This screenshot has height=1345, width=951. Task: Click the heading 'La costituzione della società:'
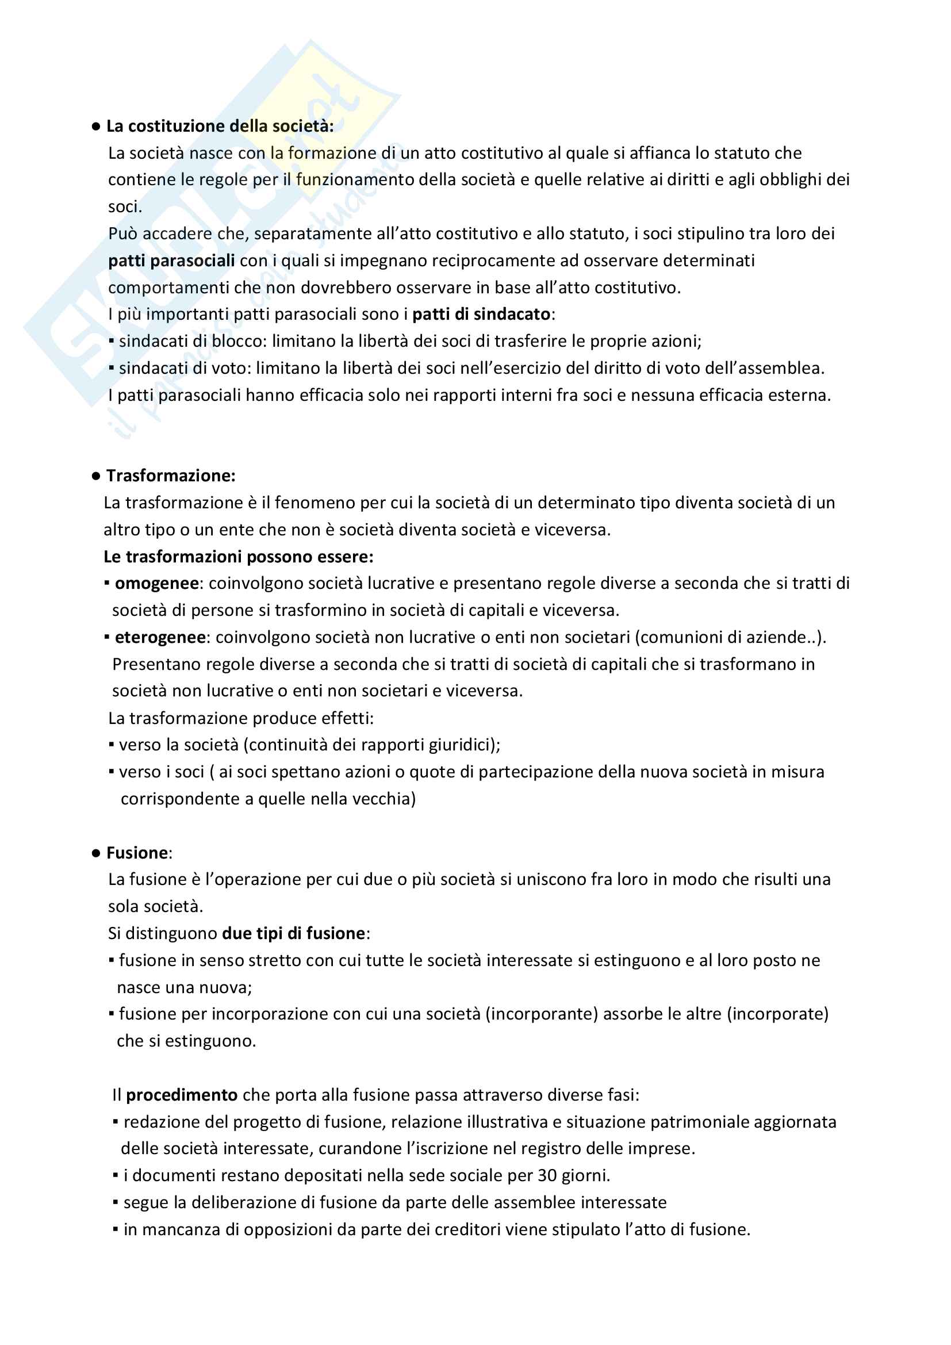coord(220,126)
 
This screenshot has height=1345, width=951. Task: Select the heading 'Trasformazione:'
coord(170,476)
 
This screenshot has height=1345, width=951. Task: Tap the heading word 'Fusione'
coord(137,853)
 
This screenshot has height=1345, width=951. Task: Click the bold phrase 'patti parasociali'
coord(171,260)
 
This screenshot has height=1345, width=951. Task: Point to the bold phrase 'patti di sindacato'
coord(481,315)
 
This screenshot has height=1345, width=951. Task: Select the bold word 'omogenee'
coord(157,584)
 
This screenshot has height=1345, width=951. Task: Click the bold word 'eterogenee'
coord(160,637)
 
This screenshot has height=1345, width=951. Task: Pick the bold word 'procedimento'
coord(182,1095)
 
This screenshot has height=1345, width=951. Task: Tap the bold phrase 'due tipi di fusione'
coord(294,933)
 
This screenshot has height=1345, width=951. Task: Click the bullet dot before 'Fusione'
coord(96,853)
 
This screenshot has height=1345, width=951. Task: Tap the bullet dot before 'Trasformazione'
coord(96,476)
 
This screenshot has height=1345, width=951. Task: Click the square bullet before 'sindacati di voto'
coord(112,369)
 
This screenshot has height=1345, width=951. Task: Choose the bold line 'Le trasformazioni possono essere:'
coord(239,557)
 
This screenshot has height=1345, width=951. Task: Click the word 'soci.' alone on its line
coord(125,207)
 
